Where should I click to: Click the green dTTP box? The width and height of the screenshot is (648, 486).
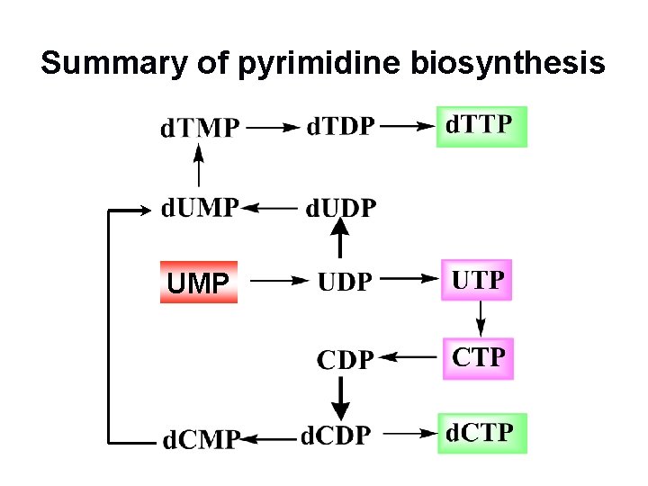point(481,126)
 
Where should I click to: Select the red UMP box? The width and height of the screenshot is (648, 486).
point(199,283)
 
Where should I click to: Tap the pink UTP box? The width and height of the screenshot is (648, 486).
point(477,280)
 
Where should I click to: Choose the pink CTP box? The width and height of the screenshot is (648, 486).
point(478,358)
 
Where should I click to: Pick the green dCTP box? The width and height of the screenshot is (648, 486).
point(481,433)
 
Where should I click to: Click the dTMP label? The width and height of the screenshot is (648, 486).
point(200,129)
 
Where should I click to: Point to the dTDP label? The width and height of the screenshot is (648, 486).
point(340,127)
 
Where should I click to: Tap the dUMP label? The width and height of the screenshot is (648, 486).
point(200,208)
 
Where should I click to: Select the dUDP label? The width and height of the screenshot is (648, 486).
point(340,209)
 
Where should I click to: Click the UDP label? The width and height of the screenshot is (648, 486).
point(344,282)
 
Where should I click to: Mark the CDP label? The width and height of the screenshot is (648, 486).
point(344,360)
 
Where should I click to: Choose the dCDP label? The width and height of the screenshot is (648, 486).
point(335,436)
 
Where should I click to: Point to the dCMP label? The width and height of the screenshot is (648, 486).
point(200,440)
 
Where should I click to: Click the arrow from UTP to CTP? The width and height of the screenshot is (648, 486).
point(480,318)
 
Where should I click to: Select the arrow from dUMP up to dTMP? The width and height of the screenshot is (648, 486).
point(199,168)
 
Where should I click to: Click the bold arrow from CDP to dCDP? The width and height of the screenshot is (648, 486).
point(341,397)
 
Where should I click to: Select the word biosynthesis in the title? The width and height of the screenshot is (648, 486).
point(508,64)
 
